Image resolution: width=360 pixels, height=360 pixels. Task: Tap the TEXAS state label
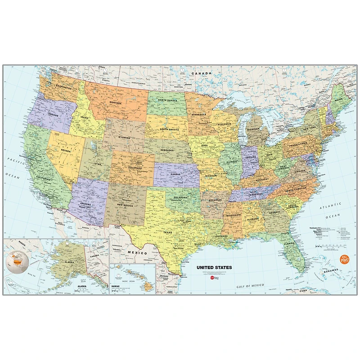coord(167,232)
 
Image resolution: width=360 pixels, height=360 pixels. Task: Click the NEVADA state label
coord(66,151)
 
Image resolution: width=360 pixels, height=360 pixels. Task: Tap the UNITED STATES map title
coord(214,267)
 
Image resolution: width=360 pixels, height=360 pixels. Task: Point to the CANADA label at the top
coord(201,73)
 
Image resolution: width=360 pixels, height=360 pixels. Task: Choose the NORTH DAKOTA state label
coord(167,100)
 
